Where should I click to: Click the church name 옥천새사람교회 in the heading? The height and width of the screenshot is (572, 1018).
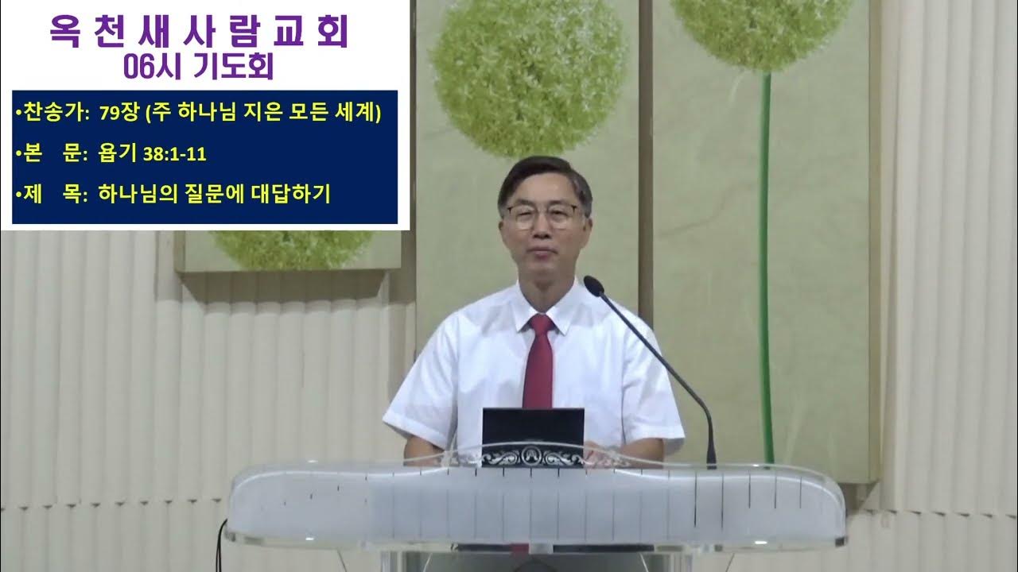pyautogui.click(x=199, y=32)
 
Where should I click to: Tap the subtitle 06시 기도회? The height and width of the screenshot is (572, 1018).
pyautogui.click(x=199, y=68)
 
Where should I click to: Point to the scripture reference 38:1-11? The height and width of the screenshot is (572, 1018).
pyautogui.click(x=174, y=154)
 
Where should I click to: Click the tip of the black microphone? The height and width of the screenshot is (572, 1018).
pyautogui.click(x=590, y=282)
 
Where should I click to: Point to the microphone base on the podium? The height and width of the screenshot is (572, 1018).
pyautogui.click(x=709, y=461)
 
